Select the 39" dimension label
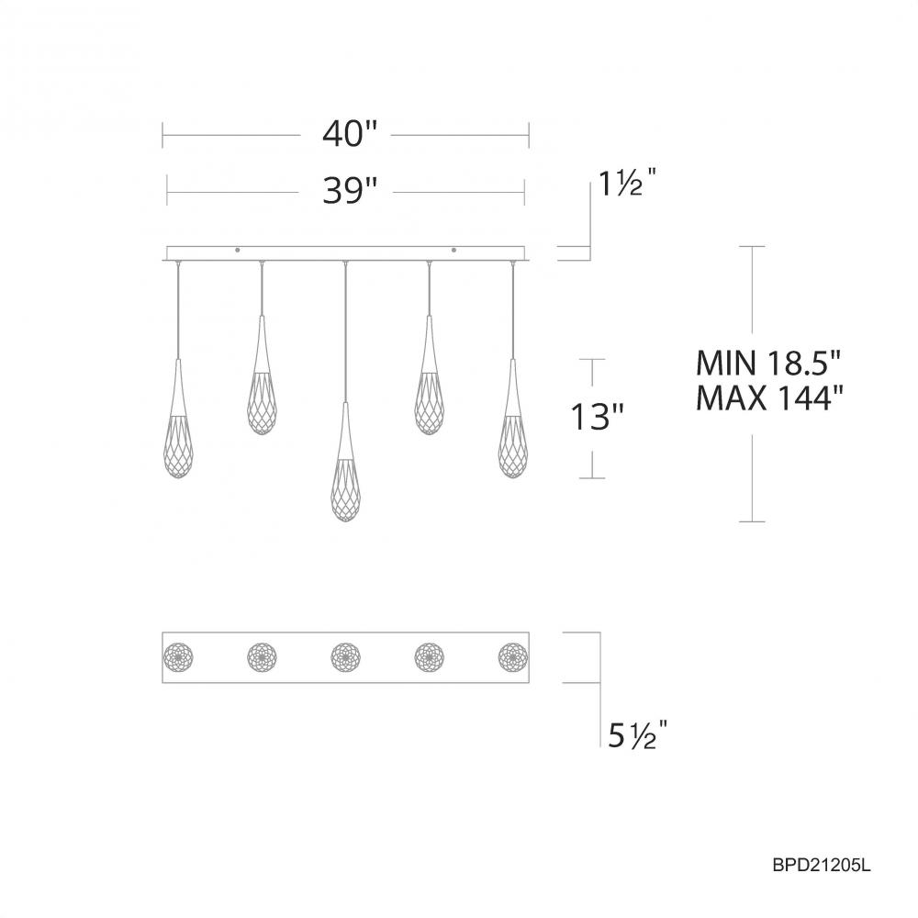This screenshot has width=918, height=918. [350, 191]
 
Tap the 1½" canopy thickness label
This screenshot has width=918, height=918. [628, 185]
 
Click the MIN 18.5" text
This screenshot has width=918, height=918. [768, 364]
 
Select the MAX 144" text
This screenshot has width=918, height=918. [768, 399]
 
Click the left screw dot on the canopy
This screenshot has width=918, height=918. [238, 248]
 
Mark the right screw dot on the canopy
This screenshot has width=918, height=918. [453, 248]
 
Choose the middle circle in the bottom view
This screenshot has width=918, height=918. [345, 656]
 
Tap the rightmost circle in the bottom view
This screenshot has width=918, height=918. [513, 656]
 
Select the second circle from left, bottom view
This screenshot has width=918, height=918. [262, 656]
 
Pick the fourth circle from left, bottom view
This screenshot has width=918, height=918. [429, 656]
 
